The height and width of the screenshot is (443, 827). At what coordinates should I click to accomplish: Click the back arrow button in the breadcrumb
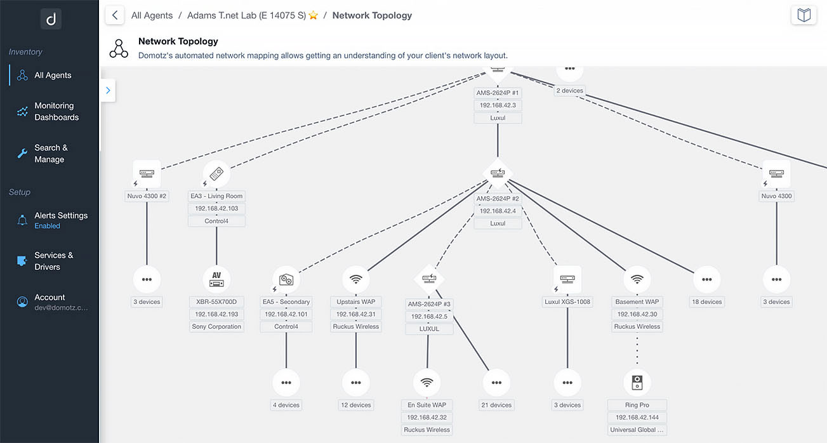pos(115,15)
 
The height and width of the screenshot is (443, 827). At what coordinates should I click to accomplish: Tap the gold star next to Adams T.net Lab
pos(313,15)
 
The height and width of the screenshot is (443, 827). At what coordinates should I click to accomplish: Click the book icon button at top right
pos(804,15)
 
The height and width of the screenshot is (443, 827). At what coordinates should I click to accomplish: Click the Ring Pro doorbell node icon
pos(637,383)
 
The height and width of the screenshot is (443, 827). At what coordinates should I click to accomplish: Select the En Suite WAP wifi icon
pos(427,383)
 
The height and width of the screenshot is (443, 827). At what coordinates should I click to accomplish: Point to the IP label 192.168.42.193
pos(216,314)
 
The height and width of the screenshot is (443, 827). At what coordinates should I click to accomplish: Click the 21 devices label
pos(496,405)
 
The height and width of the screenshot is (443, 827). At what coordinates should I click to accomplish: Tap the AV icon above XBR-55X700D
pos(216,279)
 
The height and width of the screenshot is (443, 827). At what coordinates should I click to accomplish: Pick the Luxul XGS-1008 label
pos(567,301)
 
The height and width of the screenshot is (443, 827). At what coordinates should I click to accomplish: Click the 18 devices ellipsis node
pos(707,279)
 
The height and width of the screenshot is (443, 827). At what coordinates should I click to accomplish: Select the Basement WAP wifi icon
pos(637,279)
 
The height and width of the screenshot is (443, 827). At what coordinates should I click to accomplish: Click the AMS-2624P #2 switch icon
pos(498,173)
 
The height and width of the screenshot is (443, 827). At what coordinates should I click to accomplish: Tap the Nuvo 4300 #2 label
pos(147,196)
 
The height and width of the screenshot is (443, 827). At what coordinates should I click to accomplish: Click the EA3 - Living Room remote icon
pos(216,173)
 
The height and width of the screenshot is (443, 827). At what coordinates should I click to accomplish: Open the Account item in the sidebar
pos(51,302)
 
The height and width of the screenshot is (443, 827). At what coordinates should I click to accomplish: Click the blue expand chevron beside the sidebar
pos(108,91)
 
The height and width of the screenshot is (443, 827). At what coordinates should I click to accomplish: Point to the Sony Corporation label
pos(216,326)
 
